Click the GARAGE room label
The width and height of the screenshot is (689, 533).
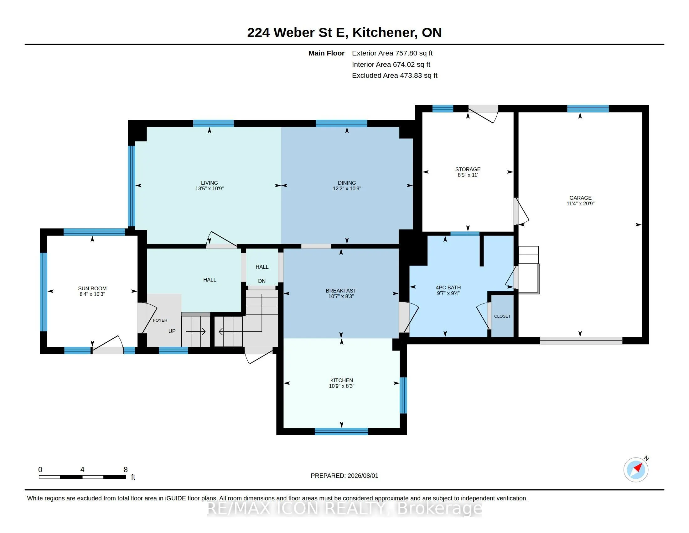coord(580,198)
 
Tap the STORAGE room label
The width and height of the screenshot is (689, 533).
coord(468,169)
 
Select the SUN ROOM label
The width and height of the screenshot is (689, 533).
coord(92,288)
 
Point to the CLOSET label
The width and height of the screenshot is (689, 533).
coord(502,316)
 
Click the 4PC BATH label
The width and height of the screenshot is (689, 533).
coord(448,287)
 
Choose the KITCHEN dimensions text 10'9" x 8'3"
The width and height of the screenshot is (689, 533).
coord(342,386)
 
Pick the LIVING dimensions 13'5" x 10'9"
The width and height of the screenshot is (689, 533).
coord(210,188)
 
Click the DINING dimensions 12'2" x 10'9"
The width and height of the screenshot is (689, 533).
coord(347,188)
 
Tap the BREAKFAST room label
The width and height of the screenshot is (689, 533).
coord(341,291)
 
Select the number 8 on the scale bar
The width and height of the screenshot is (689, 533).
coord(126,470)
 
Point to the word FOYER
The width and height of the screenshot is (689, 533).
coord(160,320)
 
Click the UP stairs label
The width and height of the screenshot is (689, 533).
coord(172,331)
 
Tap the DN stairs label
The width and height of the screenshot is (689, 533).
coord(262,281)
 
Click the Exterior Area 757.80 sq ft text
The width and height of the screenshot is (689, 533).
coord(392,53)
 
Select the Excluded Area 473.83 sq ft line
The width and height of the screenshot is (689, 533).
coord(395,76)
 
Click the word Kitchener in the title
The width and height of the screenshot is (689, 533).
coord(383,33)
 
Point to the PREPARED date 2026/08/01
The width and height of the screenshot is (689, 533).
coord(362,476)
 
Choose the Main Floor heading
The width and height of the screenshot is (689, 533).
coord(326,53)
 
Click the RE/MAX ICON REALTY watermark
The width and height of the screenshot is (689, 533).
coord(344,508)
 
